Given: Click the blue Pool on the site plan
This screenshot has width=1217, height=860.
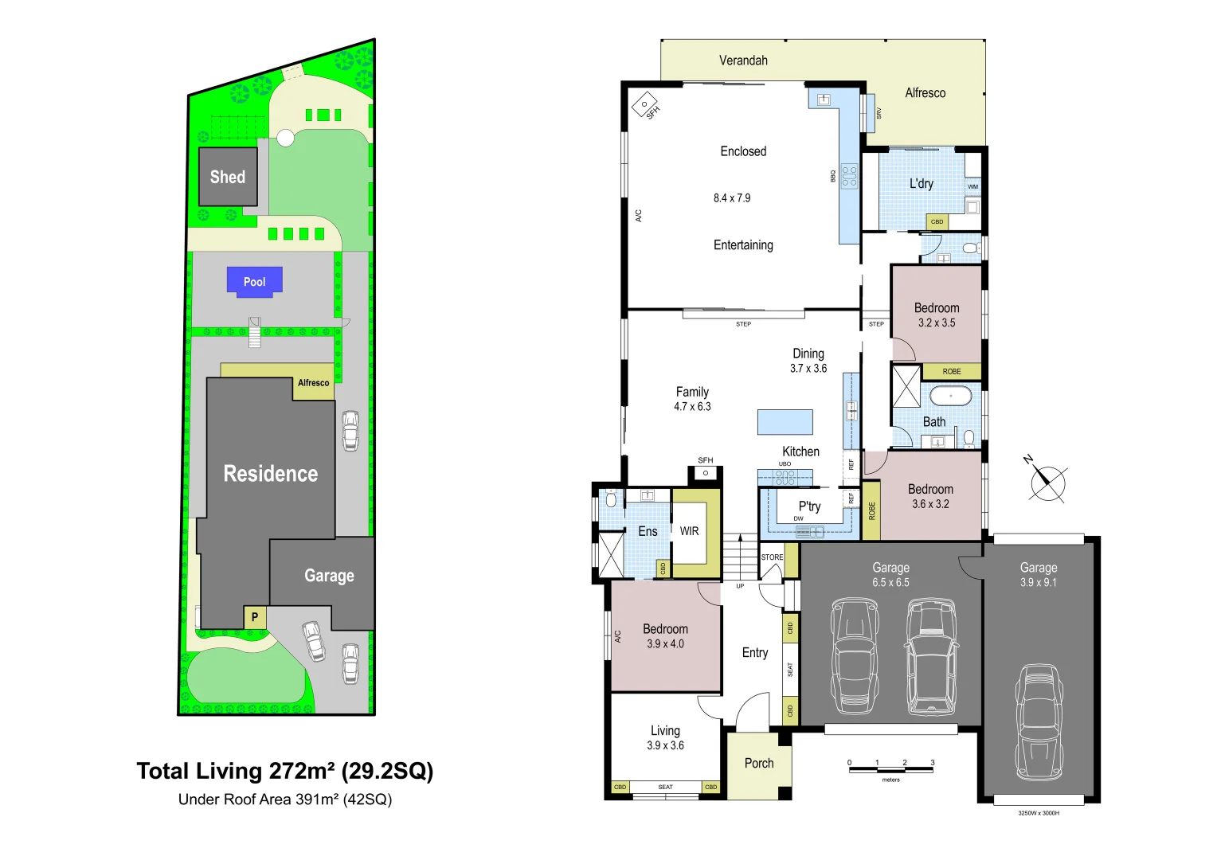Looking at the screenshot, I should coord(254,282).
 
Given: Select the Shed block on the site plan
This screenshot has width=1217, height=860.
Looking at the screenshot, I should coord(228,177).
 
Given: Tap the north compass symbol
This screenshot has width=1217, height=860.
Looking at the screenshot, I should coord(1047,482).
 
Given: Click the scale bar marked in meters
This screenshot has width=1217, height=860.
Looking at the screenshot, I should coord(890,769).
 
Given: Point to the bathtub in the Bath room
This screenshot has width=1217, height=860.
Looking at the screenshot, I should coord(950,396).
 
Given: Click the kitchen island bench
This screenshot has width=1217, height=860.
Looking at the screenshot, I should coord(785,421).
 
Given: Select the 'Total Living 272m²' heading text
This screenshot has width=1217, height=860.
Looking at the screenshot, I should coord(284,771).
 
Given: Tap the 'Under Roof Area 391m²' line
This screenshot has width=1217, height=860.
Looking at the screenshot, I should coord(284,799).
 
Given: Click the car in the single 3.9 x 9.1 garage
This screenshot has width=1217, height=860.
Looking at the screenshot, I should coord(1039,721).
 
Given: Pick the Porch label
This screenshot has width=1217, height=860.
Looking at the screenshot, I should coord(758,763).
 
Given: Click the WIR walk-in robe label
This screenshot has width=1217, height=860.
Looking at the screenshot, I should coord(689,531).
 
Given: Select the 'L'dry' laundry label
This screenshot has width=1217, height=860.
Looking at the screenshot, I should coord(921,183).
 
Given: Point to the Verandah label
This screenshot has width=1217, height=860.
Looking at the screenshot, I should coord(743,61).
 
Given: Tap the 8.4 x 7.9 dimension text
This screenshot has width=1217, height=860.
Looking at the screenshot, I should coord(731,198).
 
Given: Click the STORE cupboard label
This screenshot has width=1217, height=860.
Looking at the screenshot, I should coord(772,557).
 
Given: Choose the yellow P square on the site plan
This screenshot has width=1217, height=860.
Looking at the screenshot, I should coord(255,616).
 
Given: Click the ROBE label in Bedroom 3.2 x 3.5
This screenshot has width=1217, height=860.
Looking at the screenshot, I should coord(951,372).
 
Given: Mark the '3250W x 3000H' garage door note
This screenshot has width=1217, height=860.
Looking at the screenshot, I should coord(1038,813).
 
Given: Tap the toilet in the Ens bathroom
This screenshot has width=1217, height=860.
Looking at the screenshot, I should coord(611,499).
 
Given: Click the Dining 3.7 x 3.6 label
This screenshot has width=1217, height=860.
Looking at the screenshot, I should coord(808,361).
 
